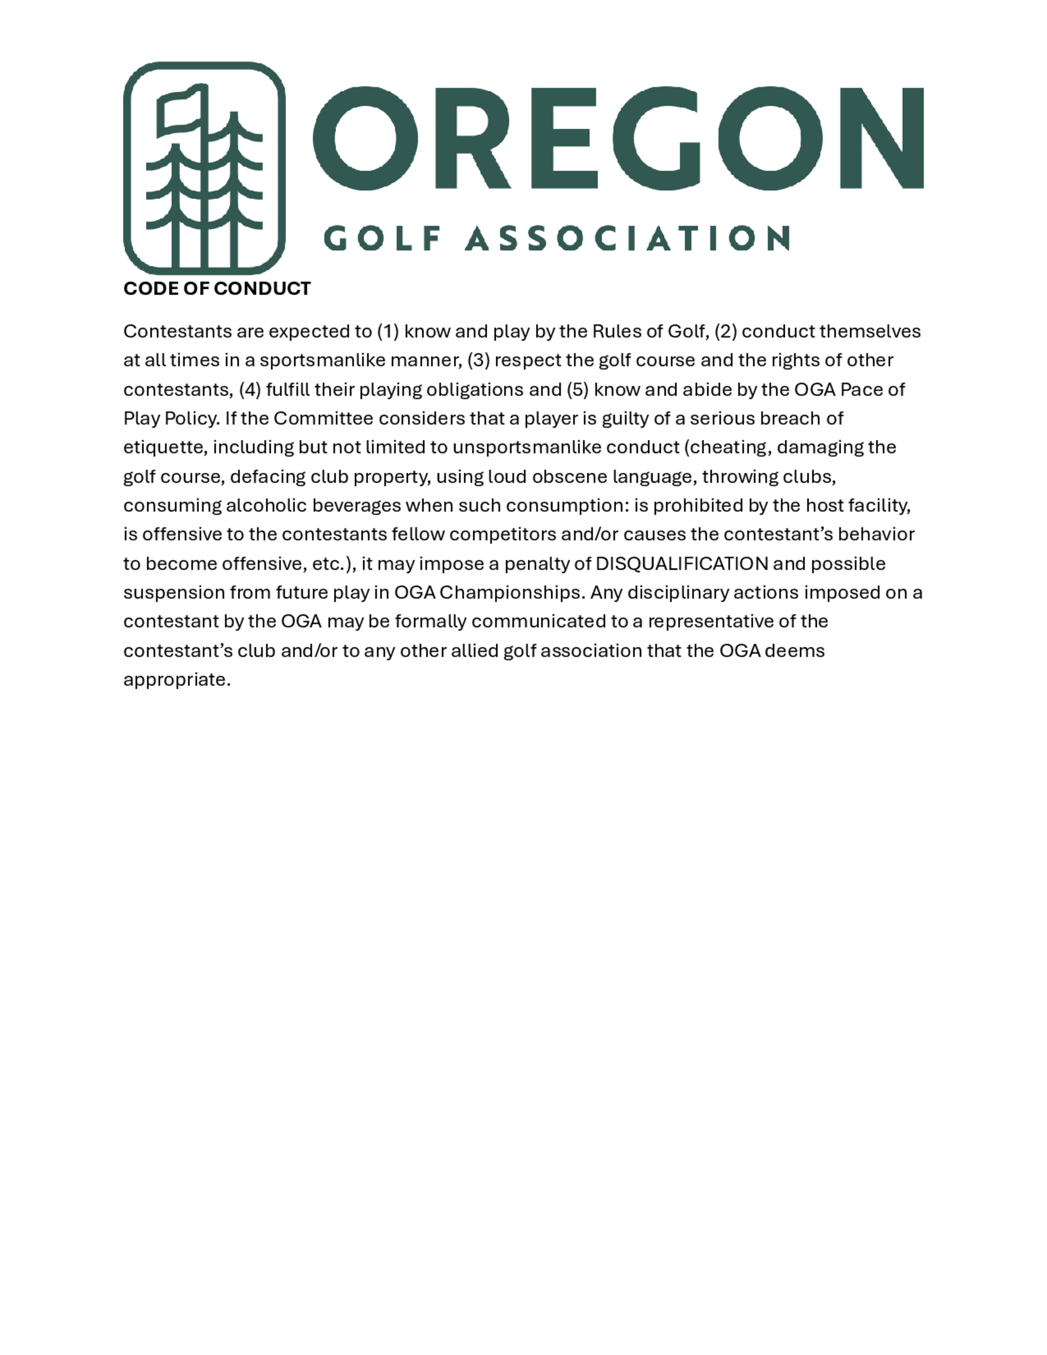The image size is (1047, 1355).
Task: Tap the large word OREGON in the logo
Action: tap(618, 138)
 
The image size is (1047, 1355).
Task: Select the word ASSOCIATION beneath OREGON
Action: tap(627, 238)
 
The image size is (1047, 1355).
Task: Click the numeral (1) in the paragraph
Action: tap(388, 331)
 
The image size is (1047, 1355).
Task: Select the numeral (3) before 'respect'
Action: tap(478, 360)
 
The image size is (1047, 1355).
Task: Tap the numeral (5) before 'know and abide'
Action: tap(577, 390)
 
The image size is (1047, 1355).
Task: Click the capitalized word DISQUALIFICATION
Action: tap(682, 563)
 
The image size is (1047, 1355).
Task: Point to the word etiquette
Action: tap(165, 447)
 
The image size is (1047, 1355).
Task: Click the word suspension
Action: tap(174, 593)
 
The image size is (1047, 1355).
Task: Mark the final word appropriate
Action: tap(177, 680)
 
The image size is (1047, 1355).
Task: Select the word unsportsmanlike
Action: tap(527, 447)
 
